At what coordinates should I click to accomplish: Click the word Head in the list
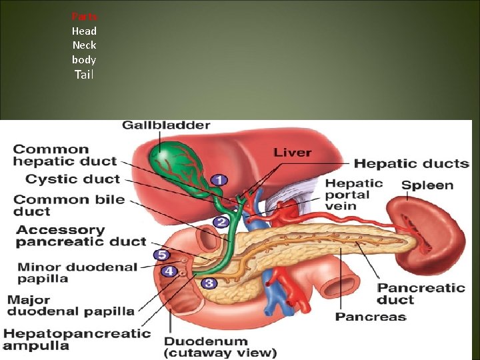pyautogui.click(x=84, y=31)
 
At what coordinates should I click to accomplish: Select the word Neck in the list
pyautogui.click(x=84, y=45)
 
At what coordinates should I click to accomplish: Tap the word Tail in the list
pyautogui.click(x=84, y=75)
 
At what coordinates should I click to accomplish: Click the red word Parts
pyautogui.click(x=84, y=16)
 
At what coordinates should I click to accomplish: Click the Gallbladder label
pyautogui.click(x=166, y=125)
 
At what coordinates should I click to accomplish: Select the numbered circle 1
pyautogui.click(x=219, y=179)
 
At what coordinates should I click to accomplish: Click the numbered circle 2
pyautogui.click(x=221, y=222)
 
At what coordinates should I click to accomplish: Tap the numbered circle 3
pyautogui.click(x=209, y=283)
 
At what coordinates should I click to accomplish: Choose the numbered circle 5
pyautogui.click(x=161, y=255)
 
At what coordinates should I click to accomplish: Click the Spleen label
pyautogui.click(x=427, y=185)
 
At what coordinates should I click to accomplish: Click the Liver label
pyautogui.click(x=292, y=153)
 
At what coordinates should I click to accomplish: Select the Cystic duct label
pyautogui.click(x=73, y=179)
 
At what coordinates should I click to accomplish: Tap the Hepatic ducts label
pyautogui.click(x=411, y=163)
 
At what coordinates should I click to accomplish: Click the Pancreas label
pyautogui.click(x=371, y=317)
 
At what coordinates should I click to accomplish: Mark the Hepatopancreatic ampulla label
pyautogui.click(x=76, y=339)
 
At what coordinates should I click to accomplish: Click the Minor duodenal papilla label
pyautogui.click(x=77, y=273)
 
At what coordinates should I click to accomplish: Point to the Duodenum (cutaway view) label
pyautogui.click(x=221, y=347)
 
